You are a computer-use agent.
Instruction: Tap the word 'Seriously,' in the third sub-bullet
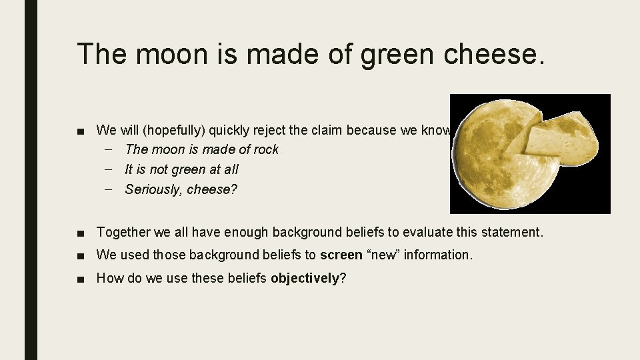pos(153,189)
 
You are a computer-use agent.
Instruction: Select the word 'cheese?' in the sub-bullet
pos(212,189)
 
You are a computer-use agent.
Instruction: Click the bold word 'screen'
pos(341,254)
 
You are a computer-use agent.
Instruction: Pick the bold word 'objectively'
pos(305,278)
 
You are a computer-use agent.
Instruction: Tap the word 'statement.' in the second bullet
pos(514,232)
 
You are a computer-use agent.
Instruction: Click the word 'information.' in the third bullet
pos(440,254)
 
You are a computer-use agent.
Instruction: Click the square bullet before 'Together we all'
pos(81,233)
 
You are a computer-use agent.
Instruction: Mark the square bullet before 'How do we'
pos(81,279)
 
